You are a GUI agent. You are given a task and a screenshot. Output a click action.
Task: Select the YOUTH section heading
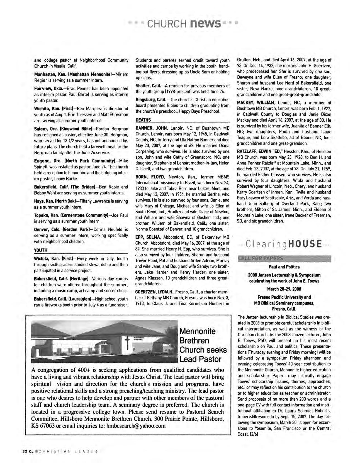(40, 250)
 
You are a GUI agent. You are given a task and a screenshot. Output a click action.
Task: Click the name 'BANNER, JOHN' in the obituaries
(151, 128)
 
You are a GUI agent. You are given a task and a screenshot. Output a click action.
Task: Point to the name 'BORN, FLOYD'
(149, 177)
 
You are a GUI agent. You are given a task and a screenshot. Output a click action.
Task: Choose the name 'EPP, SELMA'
(148, 237)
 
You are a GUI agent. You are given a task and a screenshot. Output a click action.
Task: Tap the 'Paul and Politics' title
(284, 267)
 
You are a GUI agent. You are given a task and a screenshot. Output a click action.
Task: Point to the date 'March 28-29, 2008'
(284, 289)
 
